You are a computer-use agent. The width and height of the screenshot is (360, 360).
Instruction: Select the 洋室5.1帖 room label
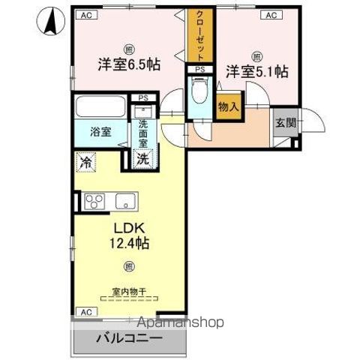[x=257, y=72]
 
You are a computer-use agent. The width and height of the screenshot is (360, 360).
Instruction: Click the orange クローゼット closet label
[x=200, y=35]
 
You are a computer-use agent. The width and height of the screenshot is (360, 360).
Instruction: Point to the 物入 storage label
[x=228, y=107]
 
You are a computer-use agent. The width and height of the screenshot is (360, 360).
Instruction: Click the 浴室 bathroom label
[x=100, y=132]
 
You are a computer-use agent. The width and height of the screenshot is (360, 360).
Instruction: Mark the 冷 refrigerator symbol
[x=86, y=161]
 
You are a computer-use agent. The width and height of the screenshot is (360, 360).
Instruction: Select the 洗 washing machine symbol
[x=141, y=158]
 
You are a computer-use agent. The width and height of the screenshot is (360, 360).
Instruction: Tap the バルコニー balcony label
[x=128, y=338]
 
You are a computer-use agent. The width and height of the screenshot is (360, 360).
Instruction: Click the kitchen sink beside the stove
[x=122, y=200]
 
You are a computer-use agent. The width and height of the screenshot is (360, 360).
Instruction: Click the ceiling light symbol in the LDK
[x=128, y=266]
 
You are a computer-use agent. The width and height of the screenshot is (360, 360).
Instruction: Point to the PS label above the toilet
[x=199, y=70]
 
